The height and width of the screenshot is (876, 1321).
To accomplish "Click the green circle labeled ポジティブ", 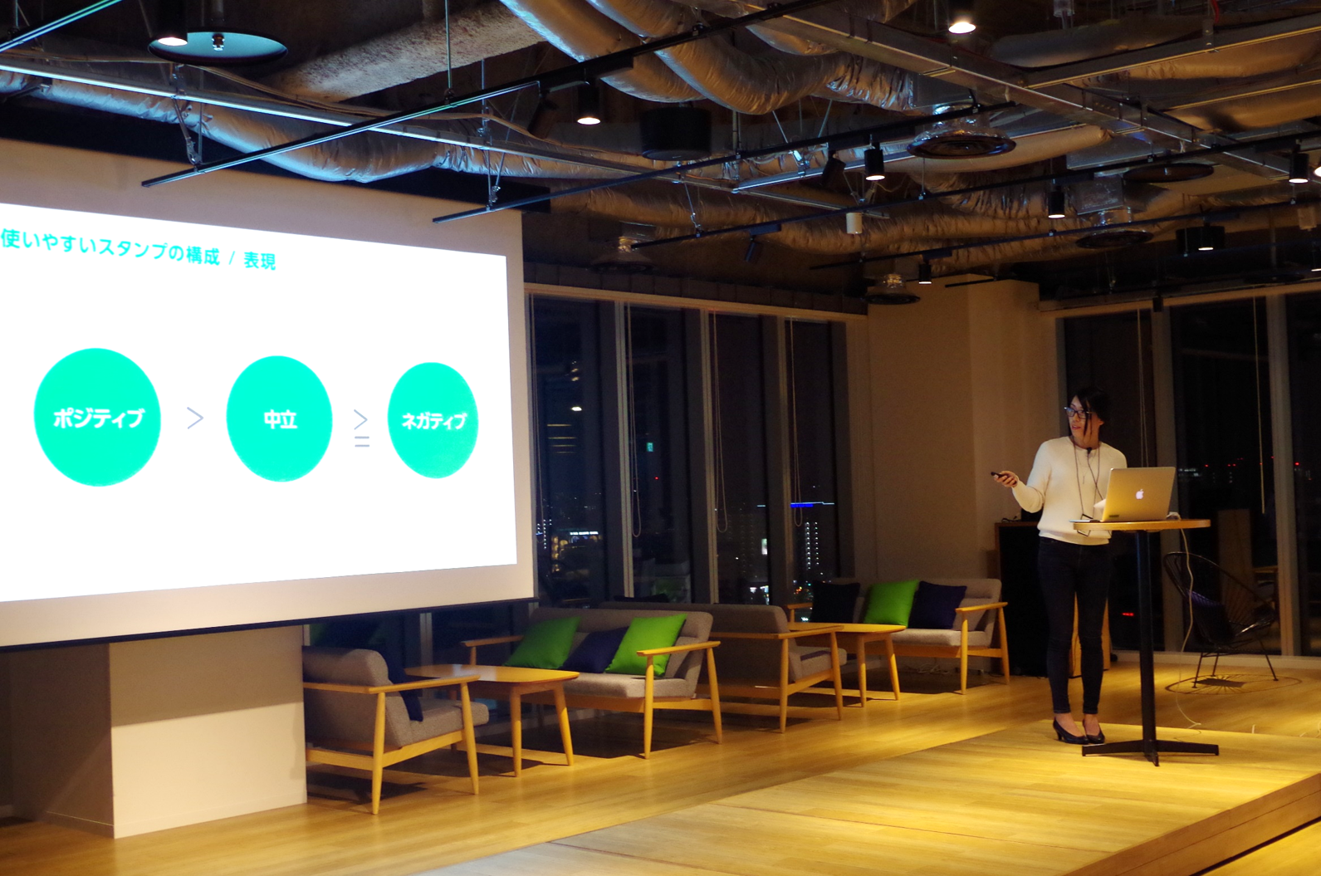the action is [x=97, y=417].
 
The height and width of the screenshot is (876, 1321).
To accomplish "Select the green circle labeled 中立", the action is [x=279, y=418].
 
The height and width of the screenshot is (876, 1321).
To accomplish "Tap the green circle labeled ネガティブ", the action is [x=433, y=421].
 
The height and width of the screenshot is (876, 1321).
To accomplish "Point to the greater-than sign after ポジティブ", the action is [x=195, y=418].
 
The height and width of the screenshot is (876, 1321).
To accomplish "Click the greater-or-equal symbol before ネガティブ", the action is [x=361, y=428].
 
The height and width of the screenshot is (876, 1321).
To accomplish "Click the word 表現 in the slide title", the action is [x=260, y=261].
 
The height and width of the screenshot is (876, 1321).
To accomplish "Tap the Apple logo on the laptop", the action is [x=1140, y=493].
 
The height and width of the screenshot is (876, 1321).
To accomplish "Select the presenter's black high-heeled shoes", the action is [x=1078, y=732].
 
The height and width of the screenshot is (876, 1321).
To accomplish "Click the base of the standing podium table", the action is [x=1150, y=751].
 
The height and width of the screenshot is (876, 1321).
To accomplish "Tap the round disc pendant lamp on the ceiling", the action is [x=217, y=47].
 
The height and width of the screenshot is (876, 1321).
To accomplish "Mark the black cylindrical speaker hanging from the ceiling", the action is [x=675, y=134].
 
